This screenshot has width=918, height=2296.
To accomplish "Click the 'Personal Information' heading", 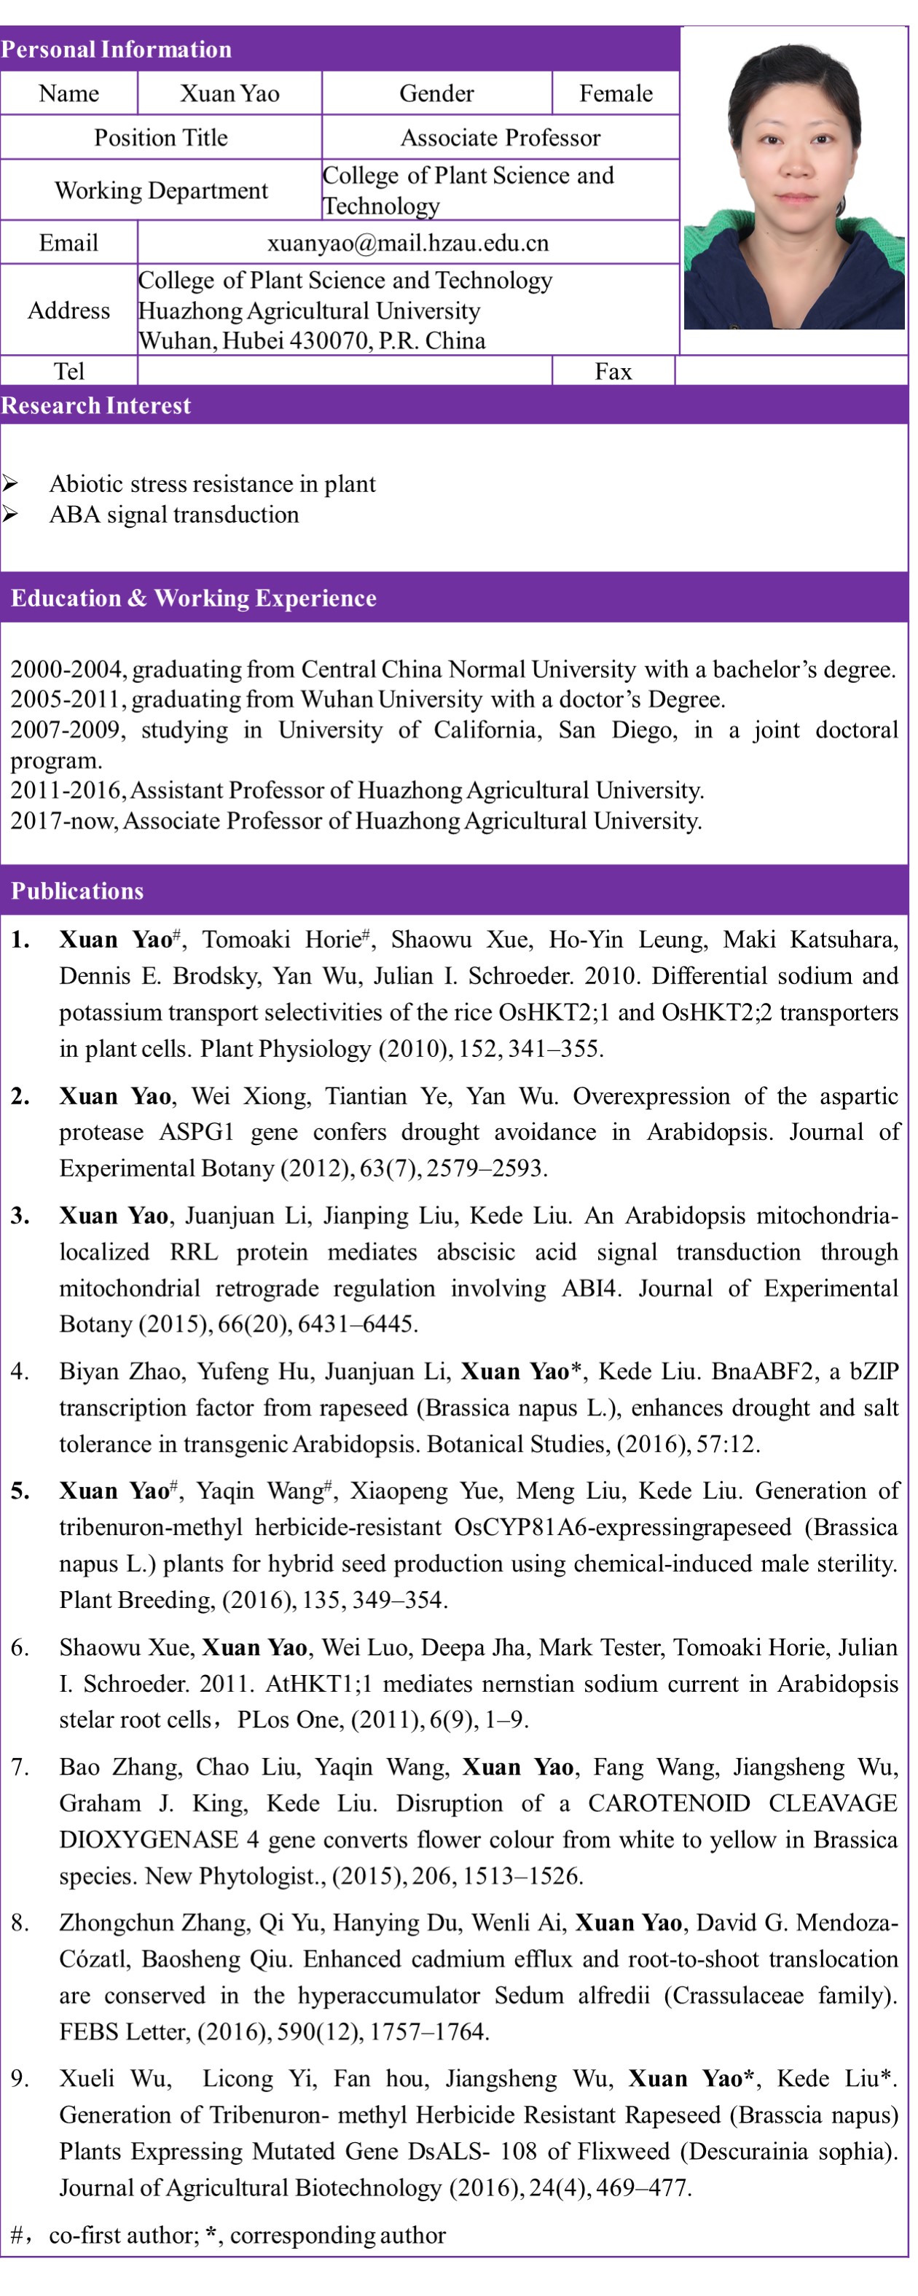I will pyautogui.click(x=116, y=49).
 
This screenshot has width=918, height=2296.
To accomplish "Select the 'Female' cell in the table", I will pyautogui.click(x=615, y=93).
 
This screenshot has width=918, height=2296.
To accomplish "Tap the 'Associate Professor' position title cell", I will pyautogui.click(x=500, y=137).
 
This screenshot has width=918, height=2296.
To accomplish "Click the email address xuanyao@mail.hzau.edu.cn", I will pyautogui.click(x=407, y=243).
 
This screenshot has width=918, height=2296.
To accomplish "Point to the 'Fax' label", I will pyautogui.click(x=613, y=371).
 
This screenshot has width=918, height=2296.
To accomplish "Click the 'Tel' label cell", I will pyautogui.click(x=68, y=371).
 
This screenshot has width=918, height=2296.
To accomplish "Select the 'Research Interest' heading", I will pyautogui.click(x=95, y=405).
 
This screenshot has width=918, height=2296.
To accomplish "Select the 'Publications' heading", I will pyautogui.click(x=76, y=891).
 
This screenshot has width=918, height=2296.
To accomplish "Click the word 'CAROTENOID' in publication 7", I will pyautogui.click(x=668, y=1803).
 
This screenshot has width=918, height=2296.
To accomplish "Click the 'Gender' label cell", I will pyautogui.click(x=436, y=93).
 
